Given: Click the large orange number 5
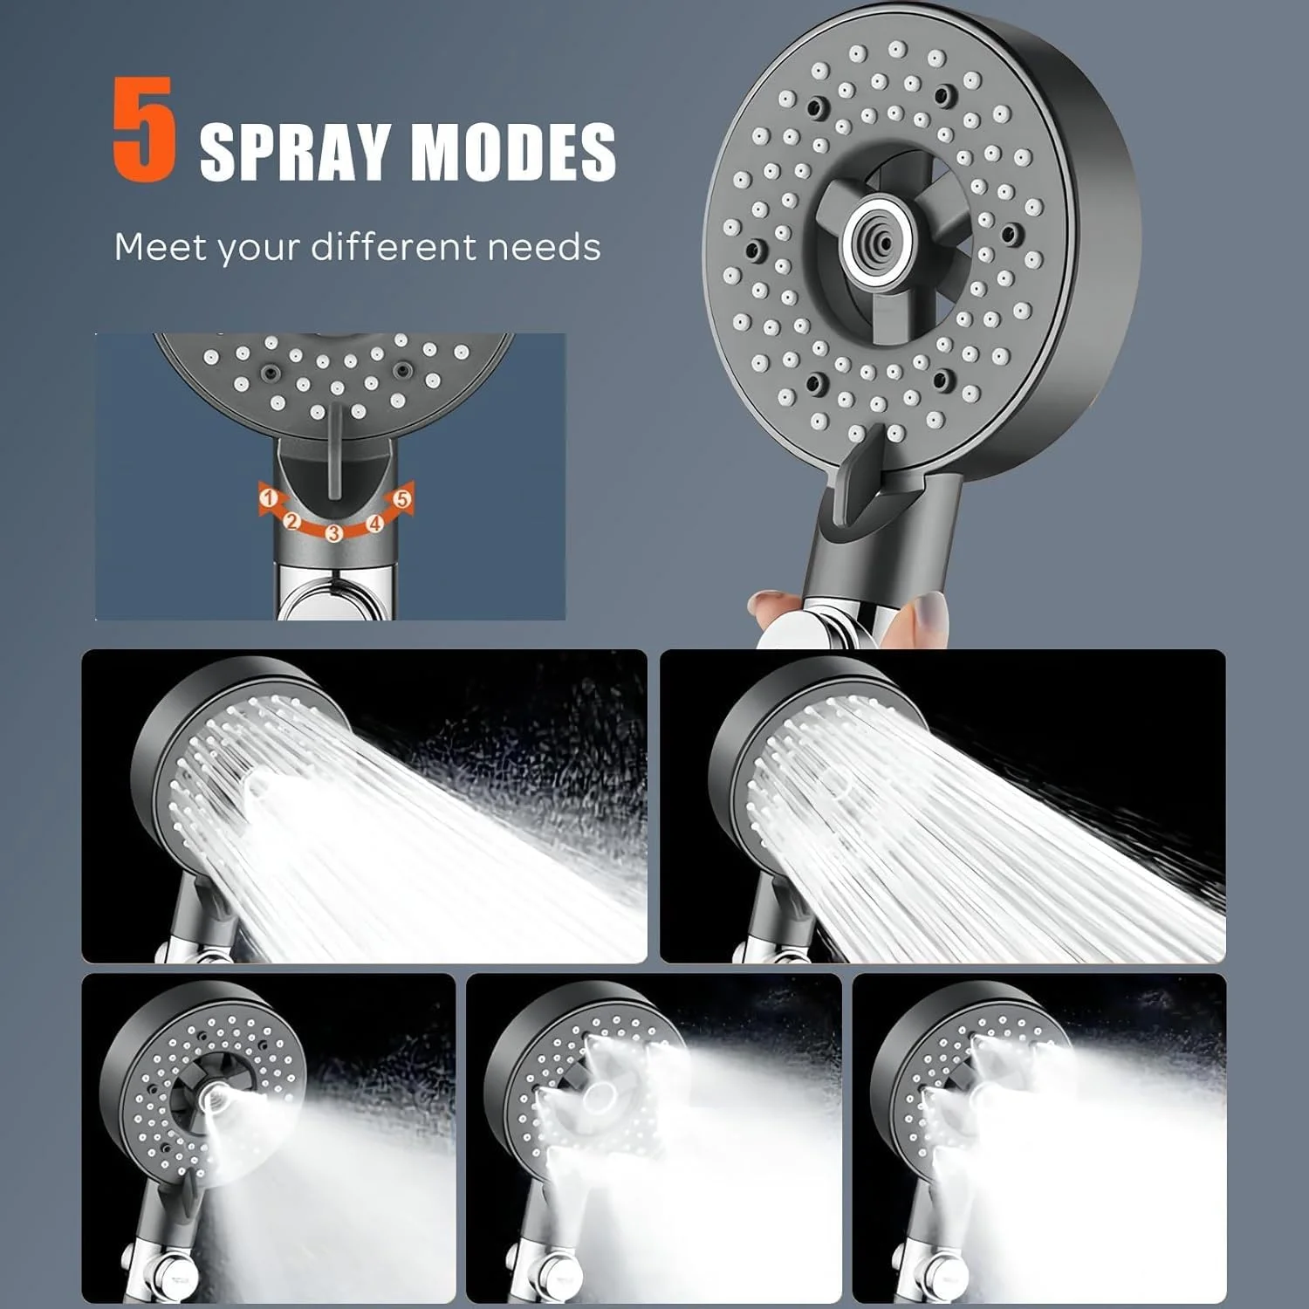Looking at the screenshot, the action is tap(144, 130).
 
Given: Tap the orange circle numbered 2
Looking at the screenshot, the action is tap(292, 522).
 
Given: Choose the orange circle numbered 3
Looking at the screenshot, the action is tap(333, 533).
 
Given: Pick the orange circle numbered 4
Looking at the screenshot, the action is tap(375, 523).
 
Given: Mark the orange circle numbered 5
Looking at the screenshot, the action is tap(401, 500).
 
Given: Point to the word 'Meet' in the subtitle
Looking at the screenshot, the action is tap(161, 247).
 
